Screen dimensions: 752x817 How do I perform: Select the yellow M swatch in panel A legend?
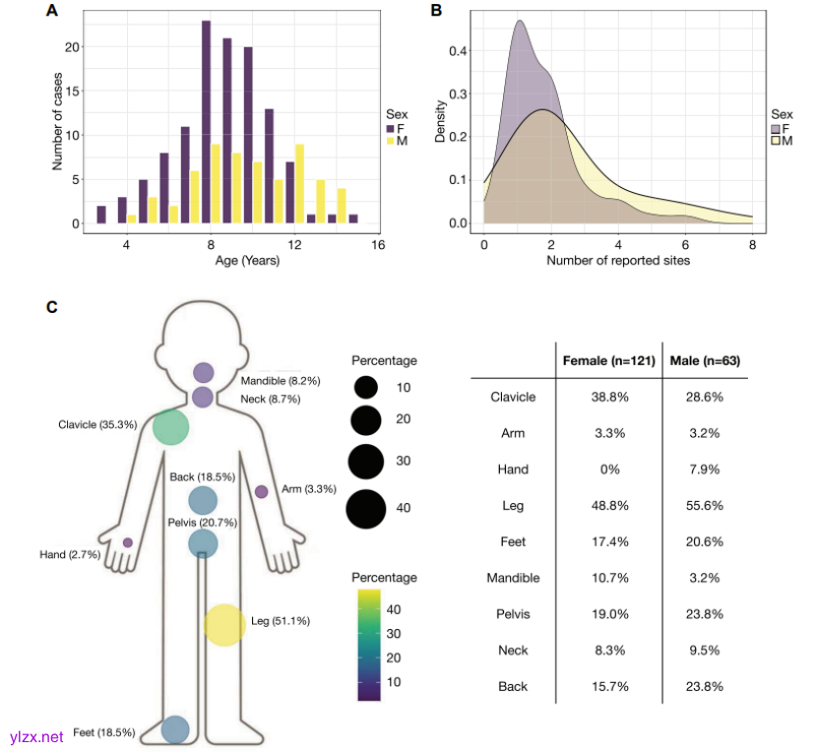tap(390, 141)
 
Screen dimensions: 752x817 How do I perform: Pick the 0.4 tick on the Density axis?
tap(461, 51)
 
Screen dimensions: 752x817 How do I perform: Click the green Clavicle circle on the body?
tap(170, 426)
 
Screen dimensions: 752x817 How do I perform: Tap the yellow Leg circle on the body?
tap(224, 625)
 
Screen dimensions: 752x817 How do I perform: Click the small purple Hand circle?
tap(128, 542)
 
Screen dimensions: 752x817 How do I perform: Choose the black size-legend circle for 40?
tap(365, 508)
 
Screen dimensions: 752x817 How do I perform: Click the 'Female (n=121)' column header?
tap(608, 361)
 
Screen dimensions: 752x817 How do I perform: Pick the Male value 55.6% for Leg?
tap(704, 505)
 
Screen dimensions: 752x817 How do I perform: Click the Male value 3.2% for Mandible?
tap(704, 578)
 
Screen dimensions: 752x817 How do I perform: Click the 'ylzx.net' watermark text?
tap(35, 736)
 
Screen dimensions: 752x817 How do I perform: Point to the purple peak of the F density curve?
tap(519, 22)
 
